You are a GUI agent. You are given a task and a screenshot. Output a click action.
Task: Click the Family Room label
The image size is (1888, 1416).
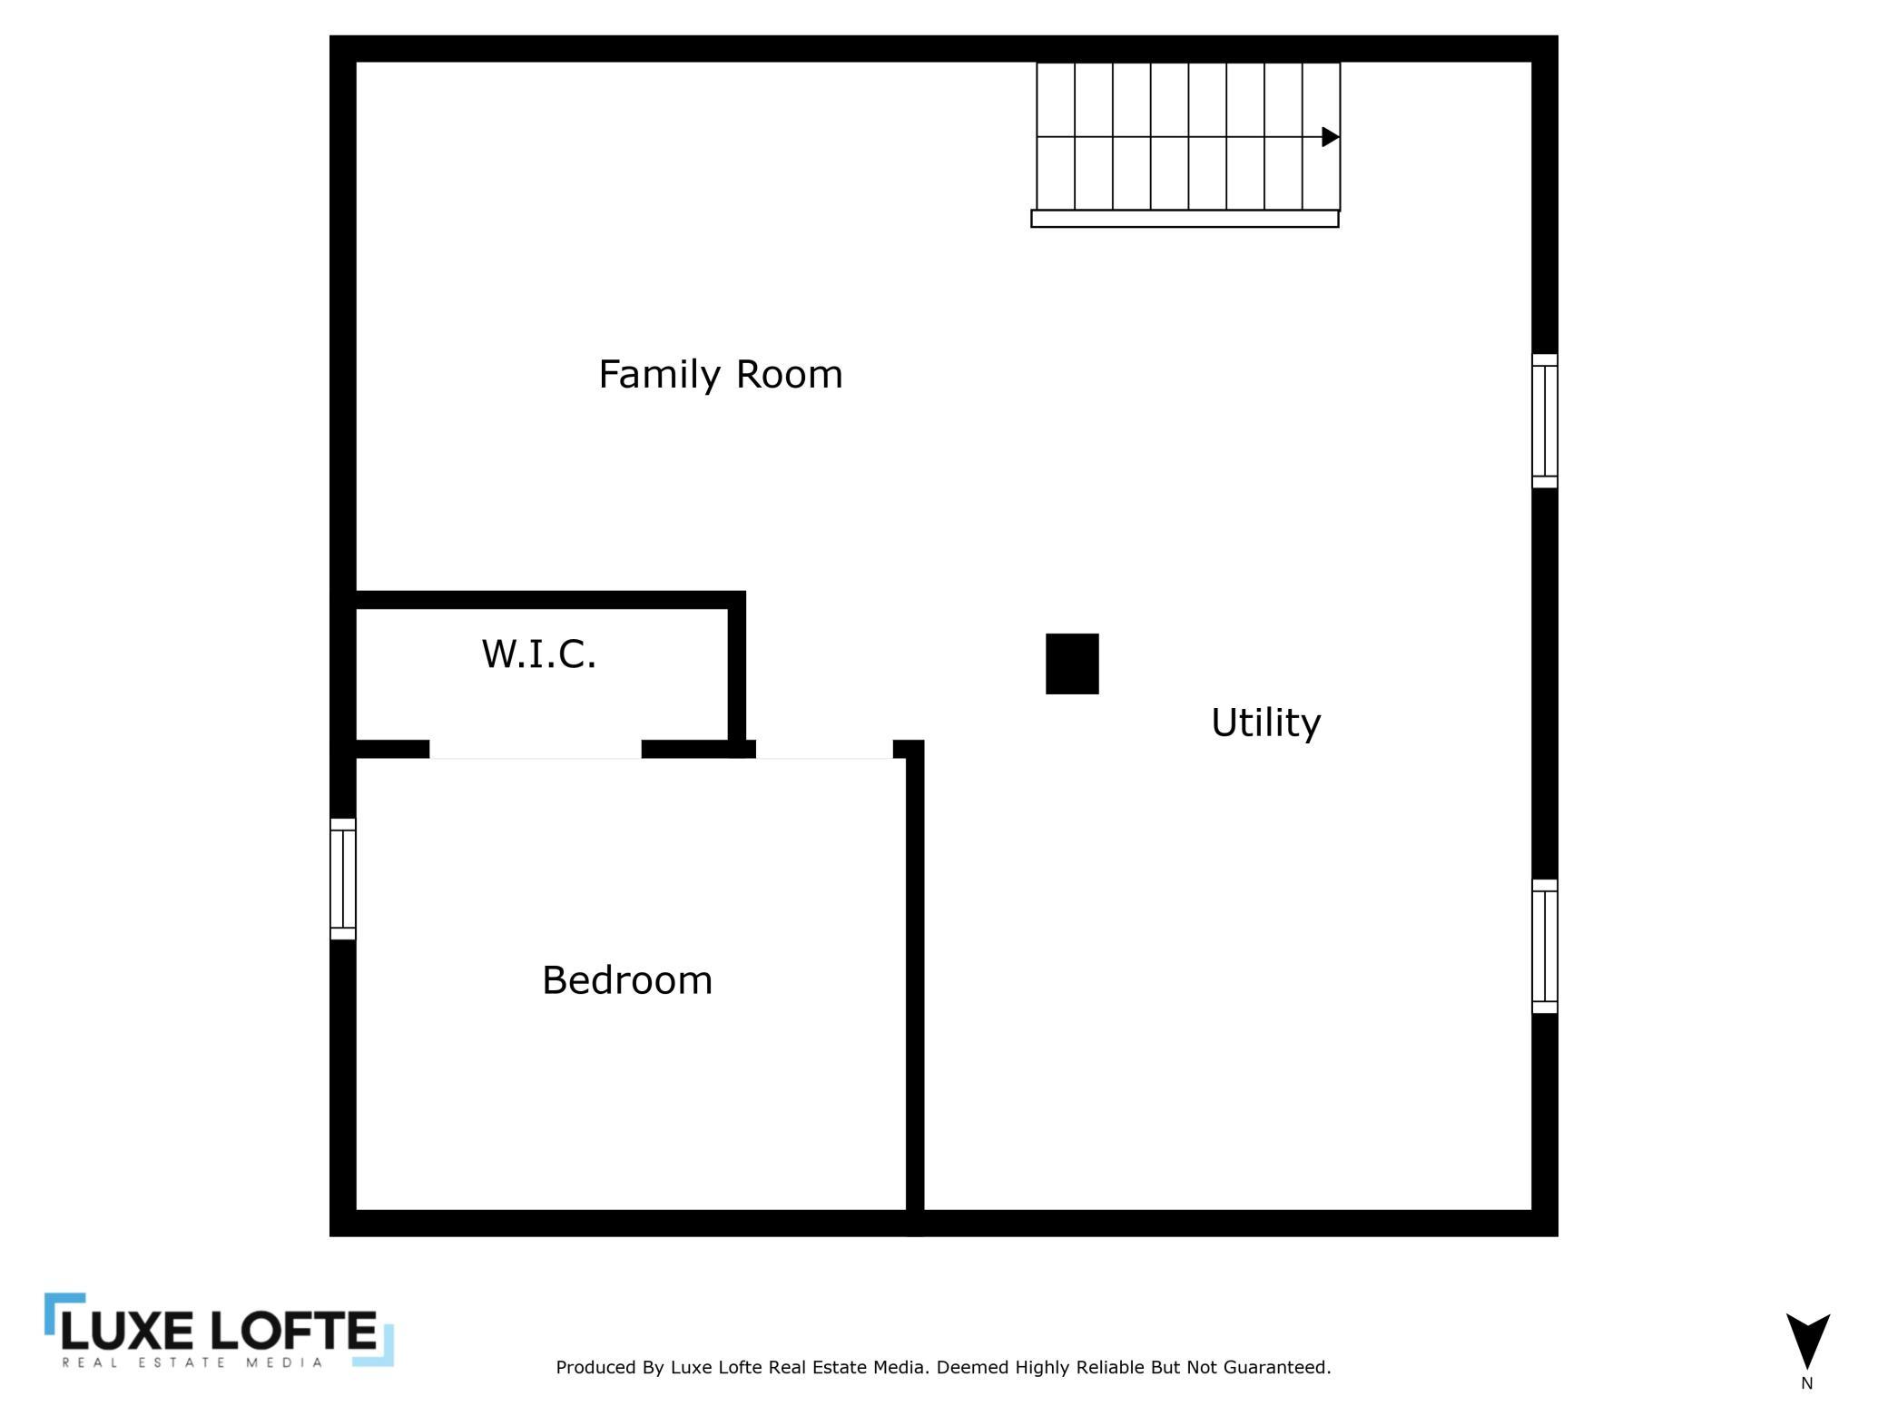click(x=721, y=374)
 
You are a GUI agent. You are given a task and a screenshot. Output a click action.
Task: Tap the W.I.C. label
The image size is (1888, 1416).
click(x=539, y=654)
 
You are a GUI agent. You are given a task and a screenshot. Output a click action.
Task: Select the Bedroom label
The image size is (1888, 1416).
click(x=627, y=980)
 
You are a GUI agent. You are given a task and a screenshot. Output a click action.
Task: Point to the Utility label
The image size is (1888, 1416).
click(x=1266, y=723)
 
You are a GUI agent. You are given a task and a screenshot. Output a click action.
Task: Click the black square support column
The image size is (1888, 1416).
click(x=1072, y=664)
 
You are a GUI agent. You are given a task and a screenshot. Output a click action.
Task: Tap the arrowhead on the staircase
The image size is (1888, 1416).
click(x=1331, y=137)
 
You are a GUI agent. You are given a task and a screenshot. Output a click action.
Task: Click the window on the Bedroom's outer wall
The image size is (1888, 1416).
click(x=342, y=879)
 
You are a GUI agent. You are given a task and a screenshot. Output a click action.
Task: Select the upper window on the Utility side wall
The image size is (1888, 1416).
click(x=1545, y=421)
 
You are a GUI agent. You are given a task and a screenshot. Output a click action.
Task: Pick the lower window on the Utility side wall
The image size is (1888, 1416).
click(x=1545, y=946)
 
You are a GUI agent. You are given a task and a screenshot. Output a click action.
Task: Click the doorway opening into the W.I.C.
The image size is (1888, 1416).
click(x=536, y=750)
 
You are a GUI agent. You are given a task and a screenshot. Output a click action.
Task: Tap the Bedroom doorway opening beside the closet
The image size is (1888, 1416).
click(x=824, y=750)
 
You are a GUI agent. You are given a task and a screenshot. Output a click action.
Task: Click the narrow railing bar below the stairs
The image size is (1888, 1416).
click(x=1185, y=219)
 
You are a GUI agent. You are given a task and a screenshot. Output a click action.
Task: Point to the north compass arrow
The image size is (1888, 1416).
click(x=1807, y=1340)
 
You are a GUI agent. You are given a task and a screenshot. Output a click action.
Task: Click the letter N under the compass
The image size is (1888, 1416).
click(x=1806, y=1383)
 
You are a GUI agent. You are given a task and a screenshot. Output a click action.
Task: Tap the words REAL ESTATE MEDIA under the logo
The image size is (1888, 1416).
click(x=192, y=1362)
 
